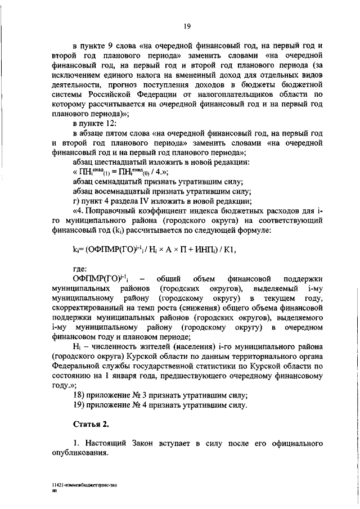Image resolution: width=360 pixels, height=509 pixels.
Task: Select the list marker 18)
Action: point(80,394)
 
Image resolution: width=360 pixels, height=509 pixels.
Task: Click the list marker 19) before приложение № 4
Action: point(80,404)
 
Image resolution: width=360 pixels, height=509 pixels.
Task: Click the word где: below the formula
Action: point(80,268)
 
